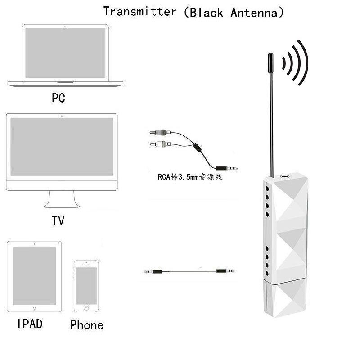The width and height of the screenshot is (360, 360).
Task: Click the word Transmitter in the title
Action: click(139, 12)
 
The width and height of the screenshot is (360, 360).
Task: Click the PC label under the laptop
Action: click(58, 98)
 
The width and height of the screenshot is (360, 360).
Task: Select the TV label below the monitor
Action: click(58, 221)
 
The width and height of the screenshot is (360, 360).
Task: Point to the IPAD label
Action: click(30, 324)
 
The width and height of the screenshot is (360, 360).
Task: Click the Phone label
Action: click(87, 325)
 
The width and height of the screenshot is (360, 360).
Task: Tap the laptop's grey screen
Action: click(65, 53)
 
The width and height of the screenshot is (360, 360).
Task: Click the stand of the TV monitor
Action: click(62, 199)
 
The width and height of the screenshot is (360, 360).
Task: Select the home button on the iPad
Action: click(35, 309)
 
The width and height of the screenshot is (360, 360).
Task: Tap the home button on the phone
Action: click(86, 308)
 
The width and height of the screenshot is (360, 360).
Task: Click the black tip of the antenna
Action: click(271, 63)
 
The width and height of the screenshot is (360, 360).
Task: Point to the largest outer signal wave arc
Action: click(304, 63)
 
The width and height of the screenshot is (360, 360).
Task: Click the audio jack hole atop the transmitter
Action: click(285, 176)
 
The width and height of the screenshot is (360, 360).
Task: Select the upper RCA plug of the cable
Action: click(160, 132)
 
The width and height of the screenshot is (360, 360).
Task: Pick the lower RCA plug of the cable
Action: click(160, 144)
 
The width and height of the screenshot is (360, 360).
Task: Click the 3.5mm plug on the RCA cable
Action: click(227, 168)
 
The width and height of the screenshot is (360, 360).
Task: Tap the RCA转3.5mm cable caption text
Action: click(190, 177)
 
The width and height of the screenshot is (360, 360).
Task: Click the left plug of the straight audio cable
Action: click(153, 272)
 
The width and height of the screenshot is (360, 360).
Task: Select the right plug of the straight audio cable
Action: click(225, 271)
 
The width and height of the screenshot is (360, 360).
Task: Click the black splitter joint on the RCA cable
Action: click(198, 148)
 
